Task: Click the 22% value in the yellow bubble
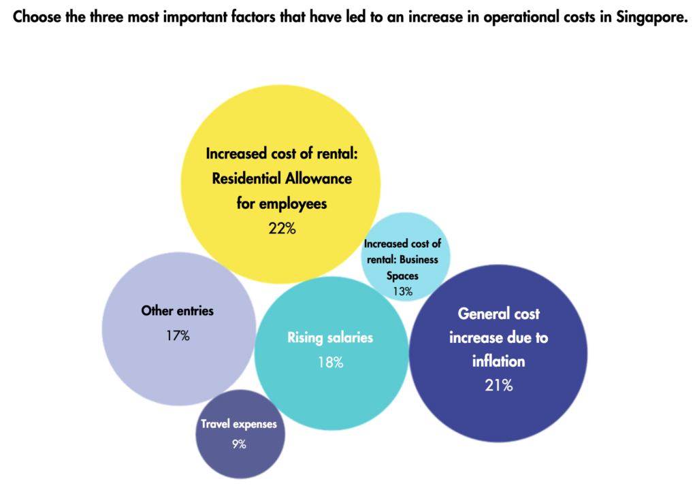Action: point(282,229)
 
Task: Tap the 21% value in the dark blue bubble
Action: point(499,385)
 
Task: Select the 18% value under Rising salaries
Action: point(331,362)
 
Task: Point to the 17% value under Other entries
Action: point(177,335)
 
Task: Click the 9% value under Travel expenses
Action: point(238,444)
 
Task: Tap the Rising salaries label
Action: point(330,337)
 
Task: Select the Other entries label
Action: point(177,311)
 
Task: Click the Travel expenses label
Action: point(238,424)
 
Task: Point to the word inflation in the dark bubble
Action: point(498,361)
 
